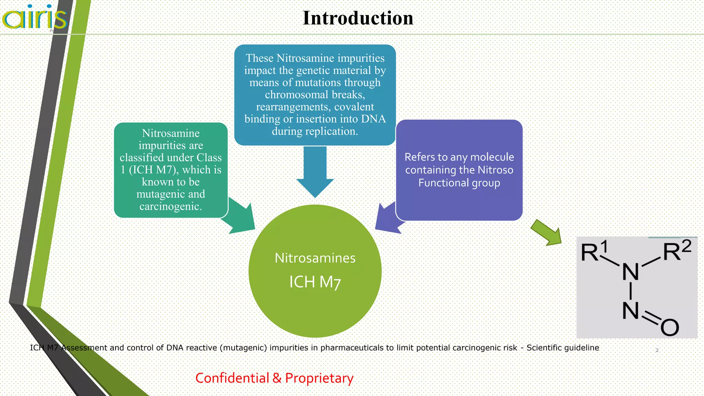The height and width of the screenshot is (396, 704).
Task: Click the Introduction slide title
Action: [x=358, y=18]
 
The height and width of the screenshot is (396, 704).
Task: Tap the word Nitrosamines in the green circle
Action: [x=315, y=258]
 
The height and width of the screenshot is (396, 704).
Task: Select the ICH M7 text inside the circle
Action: [x=315, y=282]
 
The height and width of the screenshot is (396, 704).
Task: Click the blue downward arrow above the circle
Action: [x=315, y=172]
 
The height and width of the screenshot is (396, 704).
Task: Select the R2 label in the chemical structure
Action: [x=676, y=251]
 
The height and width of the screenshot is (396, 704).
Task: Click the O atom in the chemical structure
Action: [x=670, y=327]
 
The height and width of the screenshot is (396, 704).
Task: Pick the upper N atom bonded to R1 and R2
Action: [x=631, y=272]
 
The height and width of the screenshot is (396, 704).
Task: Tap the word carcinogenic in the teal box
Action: [x=170, y=206]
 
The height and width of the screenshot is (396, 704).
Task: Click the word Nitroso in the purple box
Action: [x=495, y=170]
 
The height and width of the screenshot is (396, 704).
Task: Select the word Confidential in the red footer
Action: [x=232, y=378]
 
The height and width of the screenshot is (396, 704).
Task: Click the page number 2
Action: [x=657, y=350]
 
